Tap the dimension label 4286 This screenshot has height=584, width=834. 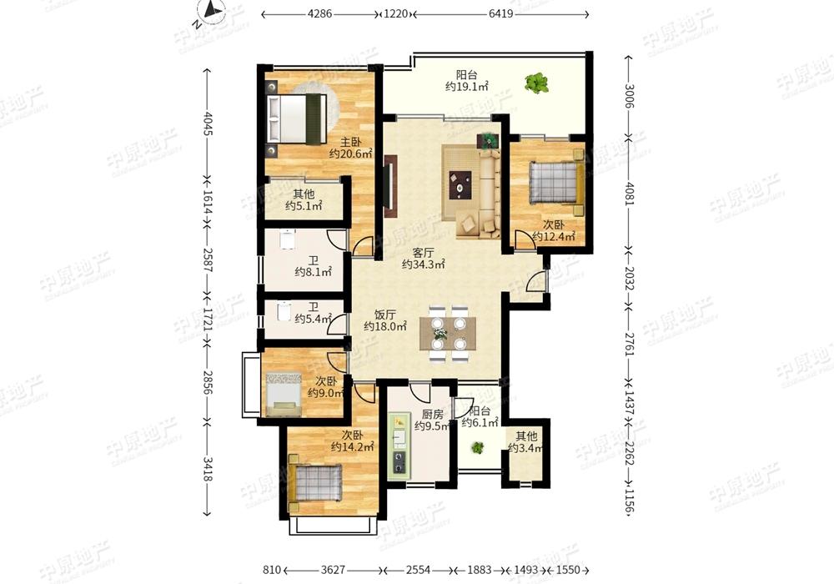tap(319, 14)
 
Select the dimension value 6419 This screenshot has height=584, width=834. tap(501, 14)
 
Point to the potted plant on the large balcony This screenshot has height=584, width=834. tap(536, 83)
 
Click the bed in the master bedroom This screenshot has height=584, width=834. tap(297, 118)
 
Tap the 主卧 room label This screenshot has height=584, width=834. tap(350, 142)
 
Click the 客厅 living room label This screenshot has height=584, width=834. tap(423, 252)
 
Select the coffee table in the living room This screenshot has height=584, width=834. tap(460, 184)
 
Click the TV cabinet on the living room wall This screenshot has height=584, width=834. tap(391, 185)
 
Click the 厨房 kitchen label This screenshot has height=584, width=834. tap(432, 414)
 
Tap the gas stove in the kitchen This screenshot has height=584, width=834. tap(399, 461)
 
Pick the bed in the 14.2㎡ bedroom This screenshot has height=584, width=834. tap(314, 481)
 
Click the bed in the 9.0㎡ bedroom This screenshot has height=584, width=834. tap(284, 394)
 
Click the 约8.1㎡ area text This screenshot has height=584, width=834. tap(314, 272)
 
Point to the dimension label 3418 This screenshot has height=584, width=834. tap(208, 468)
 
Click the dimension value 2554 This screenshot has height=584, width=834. tap(418, 570)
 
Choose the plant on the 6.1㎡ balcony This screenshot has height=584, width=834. tap(478, 448)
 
